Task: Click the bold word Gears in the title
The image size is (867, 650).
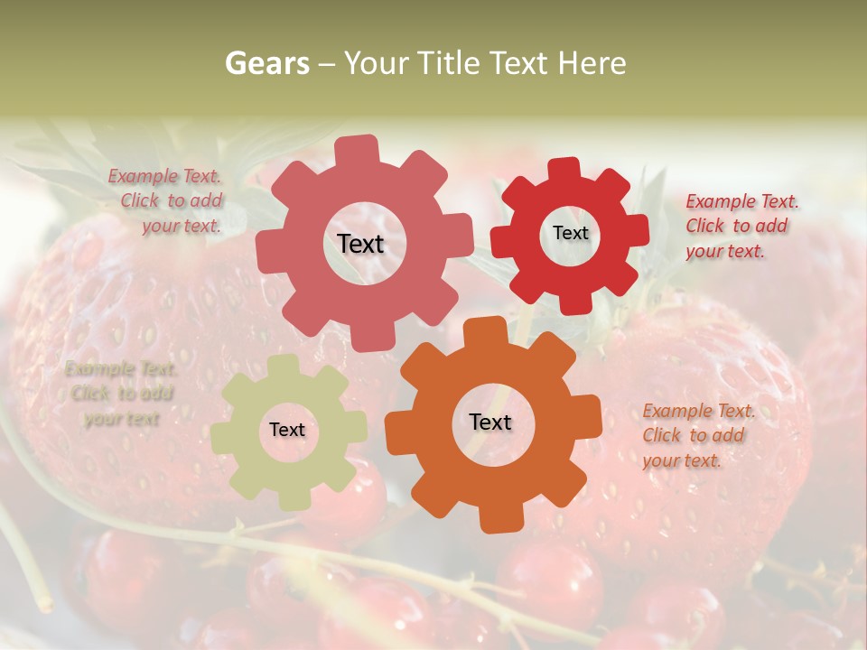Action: click(267, 63)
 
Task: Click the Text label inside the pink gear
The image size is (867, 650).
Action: click(360, 244)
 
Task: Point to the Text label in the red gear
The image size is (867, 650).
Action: click(570, 233)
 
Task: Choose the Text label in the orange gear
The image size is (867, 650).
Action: click(490, 422)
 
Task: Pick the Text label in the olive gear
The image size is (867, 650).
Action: click(287, 430)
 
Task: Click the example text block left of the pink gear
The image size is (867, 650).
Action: click(167, 201)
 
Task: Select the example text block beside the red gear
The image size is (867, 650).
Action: click(740, 226)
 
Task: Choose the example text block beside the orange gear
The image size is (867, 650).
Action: click(696, 435)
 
